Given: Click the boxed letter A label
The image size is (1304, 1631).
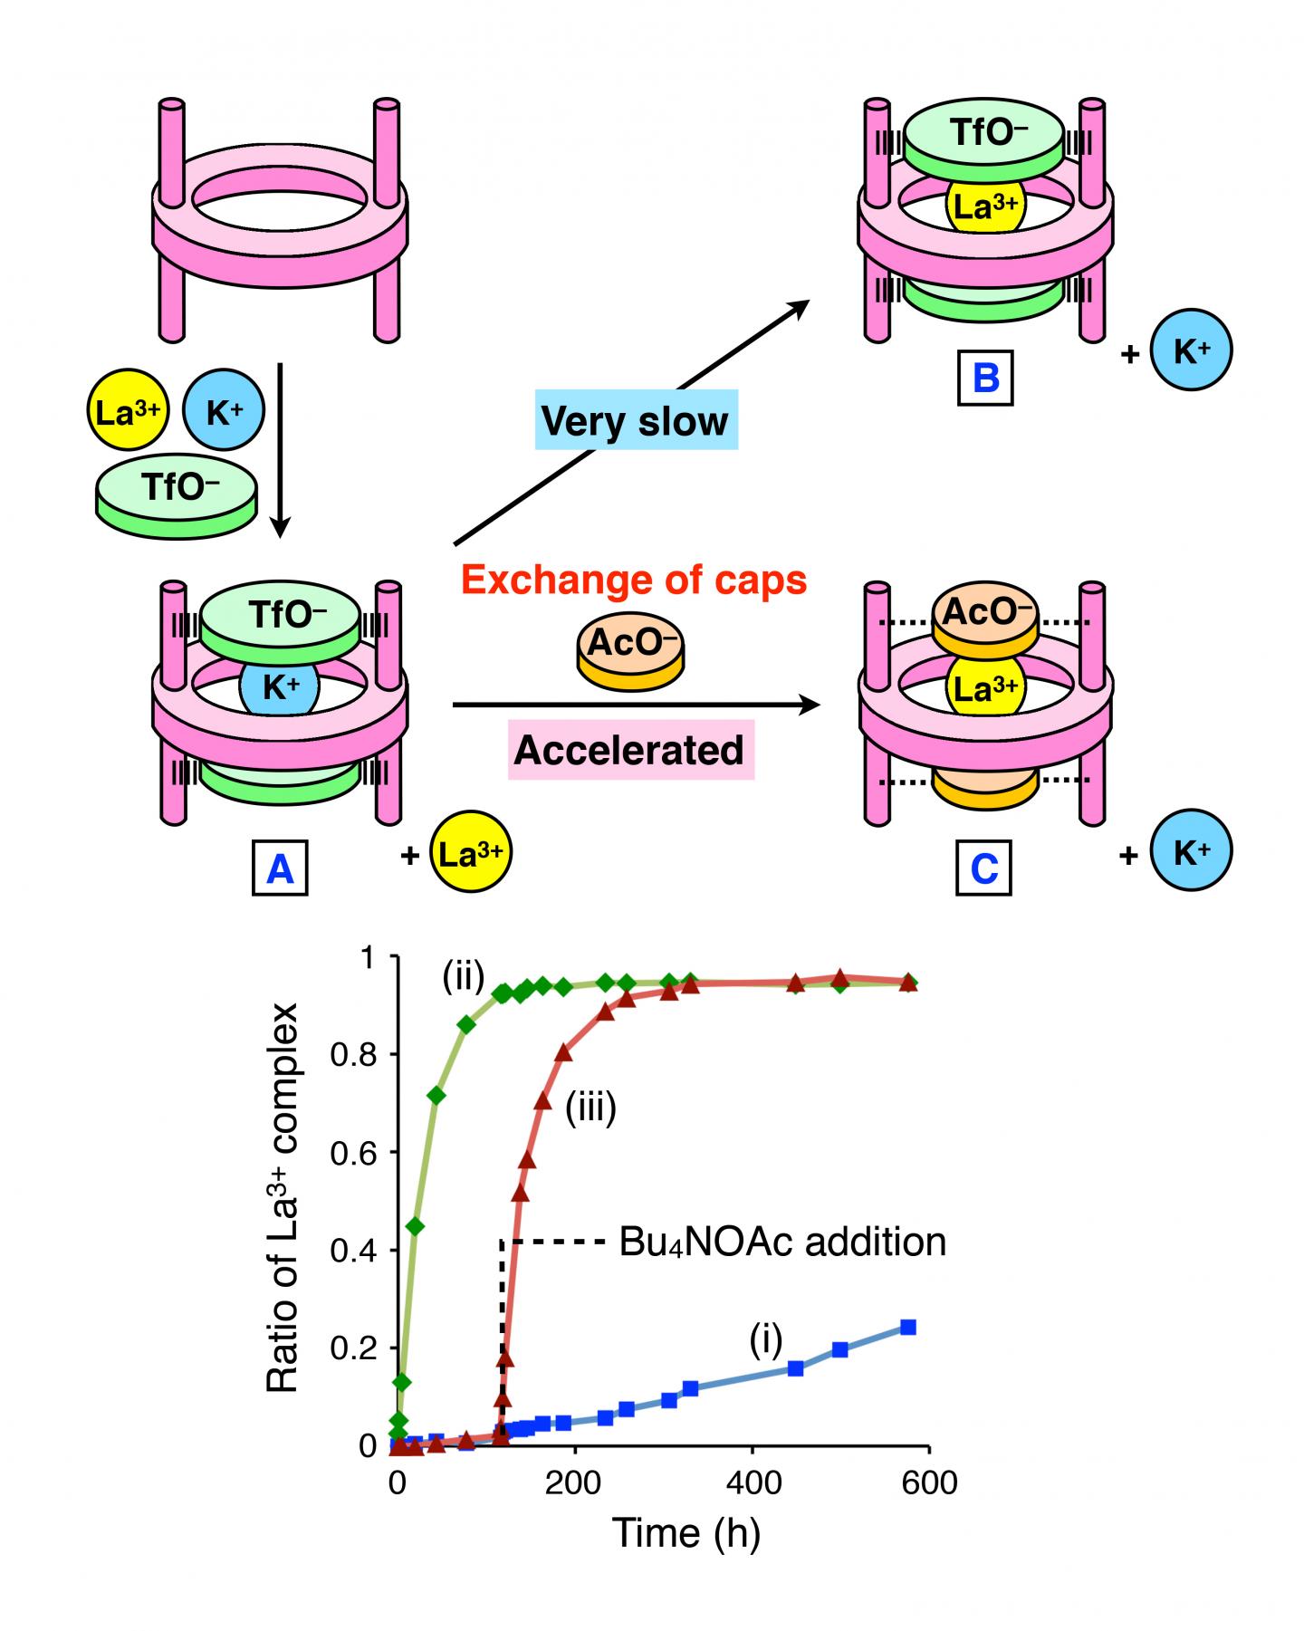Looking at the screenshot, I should coord(280,868).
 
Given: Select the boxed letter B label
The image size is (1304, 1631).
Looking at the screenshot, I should coord(985,377).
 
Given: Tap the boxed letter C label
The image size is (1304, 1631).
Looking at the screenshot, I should coord(984,868).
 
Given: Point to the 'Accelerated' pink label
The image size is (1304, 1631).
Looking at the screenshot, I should coord(630,751).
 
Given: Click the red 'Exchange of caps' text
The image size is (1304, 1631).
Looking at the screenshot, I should coord(633,580).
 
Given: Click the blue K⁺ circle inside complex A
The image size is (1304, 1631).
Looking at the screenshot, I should coord(280,689).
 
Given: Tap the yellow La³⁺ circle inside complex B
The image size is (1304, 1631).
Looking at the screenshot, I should coord(984,208).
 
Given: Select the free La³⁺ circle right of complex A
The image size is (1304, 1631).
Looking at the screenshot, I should coord(471,854).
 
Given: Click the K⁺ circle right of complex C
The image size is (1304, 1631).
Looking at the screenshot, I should coord(1191,854).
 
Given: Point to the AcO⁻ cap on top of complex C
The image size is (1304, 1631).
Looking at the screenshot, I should coord(984,616).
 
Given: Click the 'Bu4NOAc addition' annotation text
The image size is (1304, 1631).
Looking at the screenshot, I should coord(782,1242).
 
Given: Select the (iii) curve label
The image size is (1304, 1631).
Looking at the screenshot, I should coord(590,1109).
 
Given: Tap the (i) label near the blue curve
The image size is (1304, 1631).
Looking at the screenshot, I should coord(765,1341).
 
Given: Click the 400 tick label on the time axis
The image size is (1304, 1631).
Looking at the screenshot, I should coord(753,1482).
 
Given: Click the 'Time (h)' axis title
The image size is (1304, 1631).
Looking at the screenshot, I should coord(686,1532).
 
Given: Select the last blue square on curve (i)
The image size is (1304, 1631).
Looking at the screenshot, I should coord(908,1328).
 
